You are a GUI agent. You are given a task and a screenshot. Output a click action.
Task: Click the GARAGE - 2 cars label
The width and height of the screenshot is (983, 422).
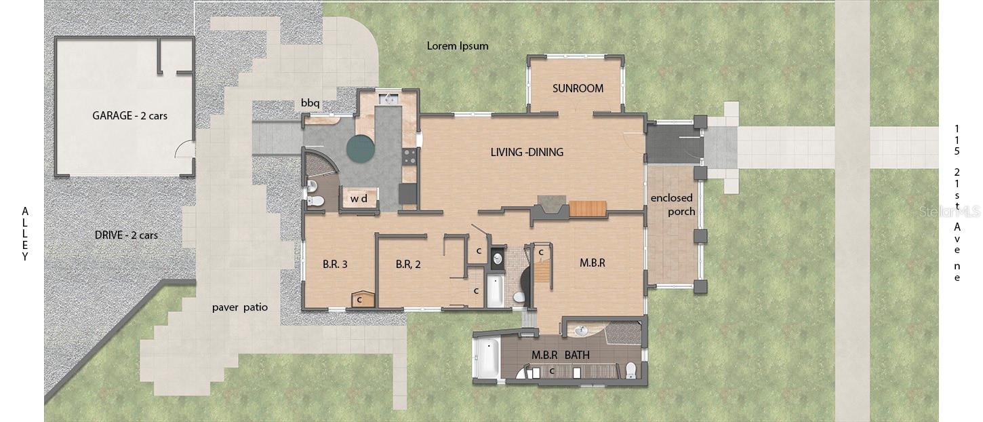(x=129, y=116)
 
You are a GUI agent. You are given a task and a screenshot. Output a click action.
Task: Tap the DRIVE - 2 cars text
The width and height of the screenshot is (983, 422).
(x=126, y=235)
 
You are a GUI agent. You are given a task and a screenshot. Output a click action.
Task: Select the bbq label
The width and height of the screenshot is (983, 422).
(x=310, y=103)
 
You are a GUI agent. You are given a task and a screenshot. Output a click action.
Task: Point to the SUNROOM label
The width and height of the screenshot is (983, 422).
(x=578, y=88)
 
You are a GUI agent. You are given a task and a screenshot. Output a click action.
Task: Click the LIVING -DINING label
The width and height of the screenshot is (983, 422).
(x=527, y=153)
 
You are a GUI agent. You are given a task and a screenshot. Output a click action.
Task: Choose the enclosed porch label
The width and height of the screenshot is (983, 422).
(x=673, y=205)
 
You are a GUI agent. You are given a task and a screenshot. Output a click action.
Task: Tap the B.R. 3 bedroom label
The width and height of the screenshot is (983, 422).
(x=335, y=265)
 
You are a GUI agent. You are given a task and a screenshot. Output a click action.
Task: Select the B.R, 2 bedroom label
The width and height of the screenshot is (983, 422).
(x=408, y=265)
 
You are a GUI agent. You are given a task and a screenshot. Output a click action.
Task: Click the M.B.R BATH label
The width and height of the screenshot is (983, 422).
(x=561, y=355)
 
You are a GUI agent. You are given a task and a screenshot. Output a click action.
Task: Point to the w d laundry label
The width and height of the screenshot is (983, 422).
(x=359, y=199)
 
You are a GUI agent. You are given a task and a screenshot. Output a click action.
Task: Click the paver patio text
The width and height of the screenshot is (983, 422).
(x=239, y=307)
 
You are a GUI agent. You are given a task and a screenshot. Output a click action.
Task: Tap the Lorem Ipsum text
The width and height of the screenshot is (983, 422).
(x=458, y=46)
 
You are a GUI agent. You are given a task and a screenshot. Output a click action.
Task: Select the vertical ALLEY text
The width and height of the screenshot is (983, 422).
(x=25, y=234)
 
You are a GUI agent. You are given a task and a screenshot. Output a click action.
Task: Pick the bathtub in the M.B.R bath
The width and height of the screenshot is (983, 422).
(x=487, y=358)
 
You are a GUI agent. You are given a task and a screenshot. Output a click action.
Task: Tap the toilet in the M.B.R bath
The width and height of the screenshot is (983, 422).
(x=630, y=370)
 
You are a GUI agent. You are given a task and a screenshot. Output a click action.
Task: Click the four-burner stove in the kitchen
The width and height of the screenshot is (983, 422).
(x=409, y=157)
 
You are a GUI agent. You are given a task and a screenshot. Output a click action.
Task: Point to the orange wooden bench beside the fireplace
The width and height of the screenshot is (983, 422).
(x=588, y=208)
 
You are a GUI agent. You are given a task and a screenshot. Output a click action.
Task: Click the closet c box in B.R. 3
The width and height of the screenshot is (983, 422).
(x=363, y=299)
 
